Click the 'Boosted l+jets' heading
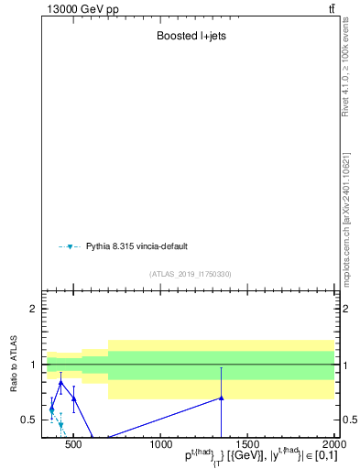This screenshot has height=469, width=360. click(188, 38)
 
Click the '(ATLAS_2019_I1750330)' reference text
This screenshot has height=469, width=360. click(190, 274)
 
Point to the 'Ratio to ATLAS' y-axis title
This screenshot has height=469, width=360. click(15, 365)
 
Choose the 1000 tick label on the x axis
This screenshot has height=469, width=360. click(160, 443)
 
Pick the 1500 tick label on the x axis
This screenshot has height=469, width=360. click(247, 443)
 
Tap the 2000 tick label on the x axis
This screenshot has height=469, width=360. click(333, 443)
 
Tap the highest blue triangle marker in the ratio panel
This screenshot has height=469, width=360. click(60, 383)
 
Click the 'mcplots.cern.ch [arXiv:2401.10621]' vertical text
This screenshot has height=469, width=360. click(346, 219)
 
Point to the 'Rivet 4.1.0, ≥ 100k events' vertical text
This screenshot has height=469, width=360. click(346, 68)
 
